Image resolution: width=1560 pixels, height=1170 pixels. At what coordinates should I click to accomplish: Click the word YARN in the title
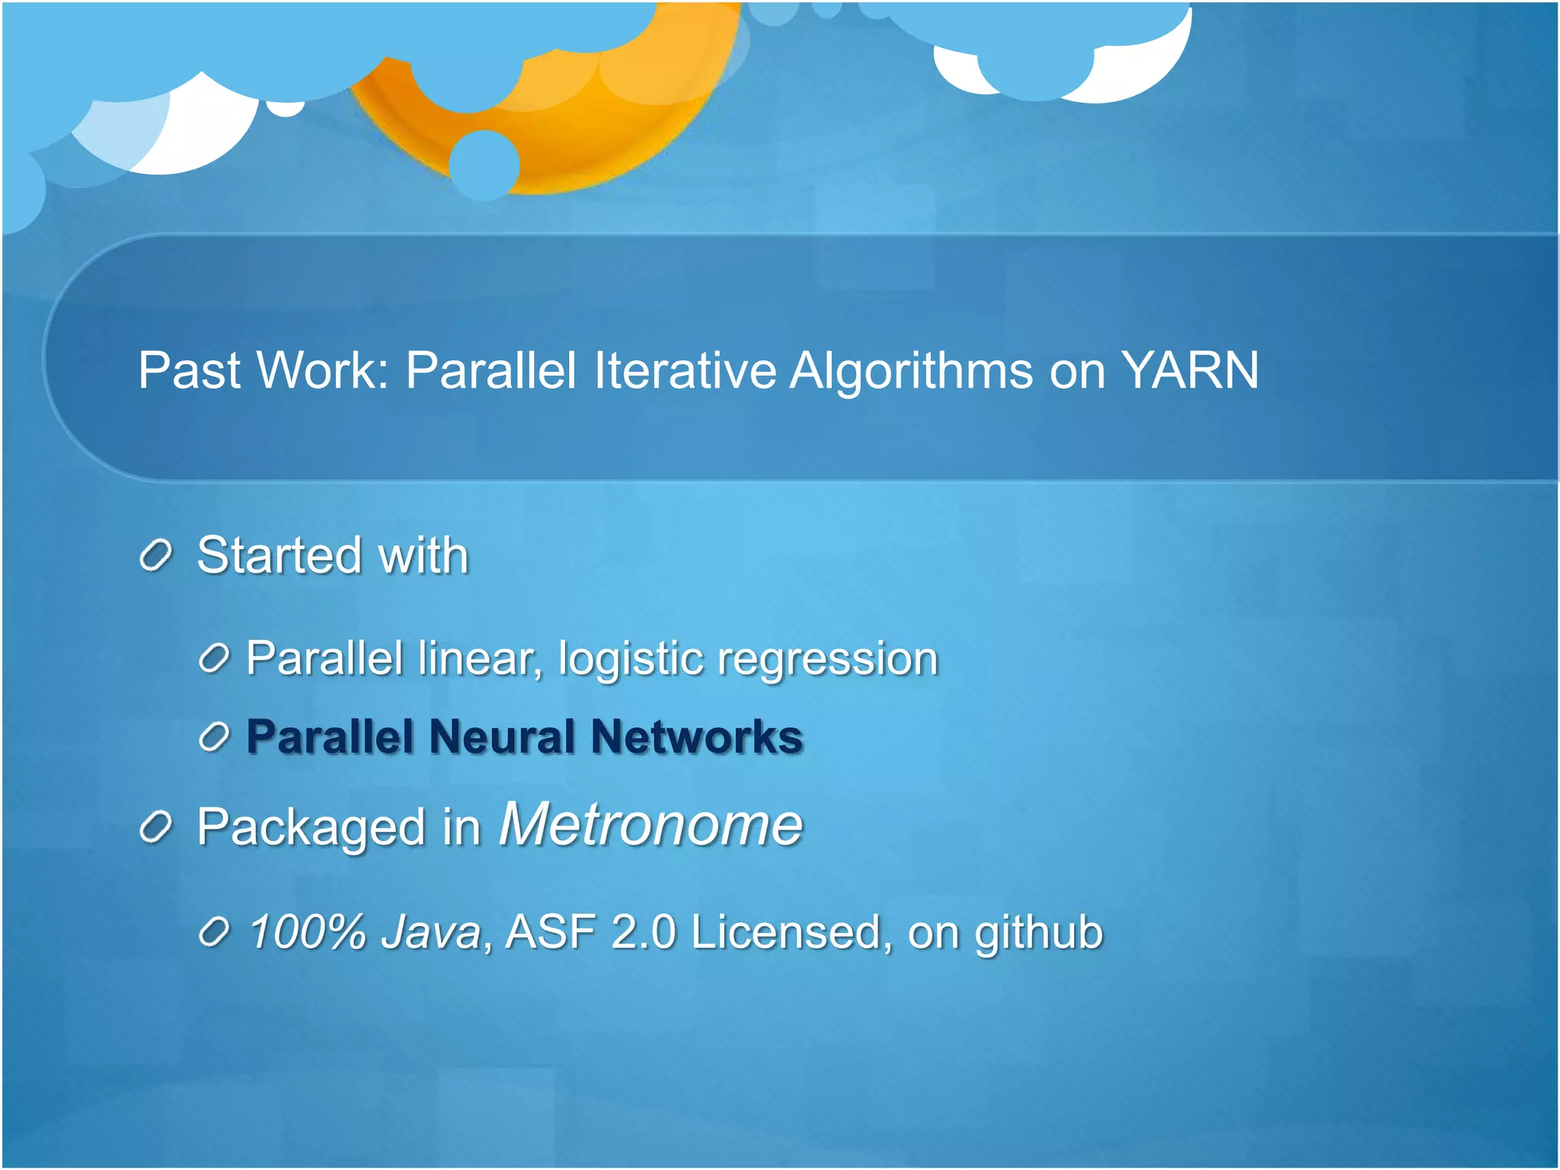(1190, 371)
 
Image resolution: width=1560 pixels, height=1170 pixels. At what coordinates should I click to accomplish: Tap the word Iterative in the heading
(684, 371)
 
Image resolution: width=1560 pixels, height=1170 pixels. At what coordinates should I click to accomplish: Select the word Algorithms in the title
(911, 371)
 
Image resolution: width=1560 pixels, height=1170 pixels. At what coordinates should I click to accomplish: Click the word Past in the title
(190, 371)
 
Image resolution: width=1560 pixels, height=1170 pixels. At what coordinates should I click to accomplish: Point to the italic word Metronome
(651, 825)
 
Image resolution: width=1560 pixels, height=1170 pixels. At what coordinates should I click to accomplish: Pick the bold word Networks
(696, 737)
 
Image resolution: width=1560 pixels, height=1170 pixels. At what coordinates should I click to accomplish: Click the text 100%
(308, 932)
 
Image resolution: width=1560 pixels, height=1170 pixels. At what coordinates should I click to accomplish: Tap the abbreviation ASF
(550, 932)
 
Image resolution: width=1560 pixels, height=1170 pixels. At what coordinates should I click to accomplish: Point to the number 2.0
(643, 932)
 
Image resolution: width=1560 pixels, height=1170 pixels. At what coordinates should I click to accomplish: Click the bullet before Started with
(156, 556)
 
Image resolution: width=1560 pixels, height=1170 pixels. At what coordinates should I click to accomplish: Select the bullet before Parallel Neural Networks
(214, 737)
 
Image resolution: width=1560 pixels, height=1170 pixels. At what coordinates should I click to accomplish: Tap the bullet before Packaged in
(156, 828)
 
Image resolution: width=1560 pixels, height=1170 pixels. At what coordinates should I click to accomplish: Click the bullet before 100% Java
(214, 932)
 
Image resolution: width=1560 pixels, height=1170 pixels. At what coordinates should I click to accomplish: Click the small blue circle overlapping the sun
(484, 165)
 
